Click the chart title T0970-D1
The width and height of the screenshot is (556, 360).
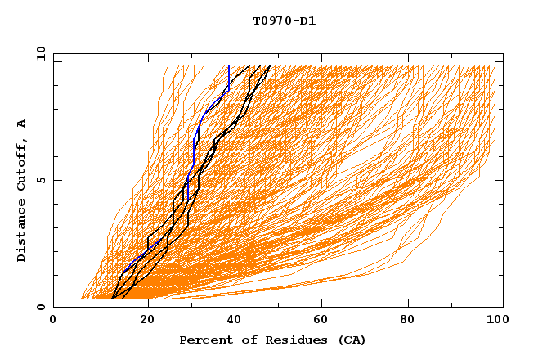click(x=284, y=21)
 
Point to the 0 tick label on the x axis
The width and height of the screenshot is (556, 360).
click(x=53, y=321)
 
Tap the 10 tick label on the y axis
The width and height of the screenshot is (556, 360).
click(x=38, y=52)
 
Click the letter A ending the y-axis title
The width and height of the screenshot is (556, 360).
click(x=22, y=123)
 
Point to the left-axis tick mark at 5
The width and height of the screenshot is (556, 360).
click(x=56, y=180)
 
